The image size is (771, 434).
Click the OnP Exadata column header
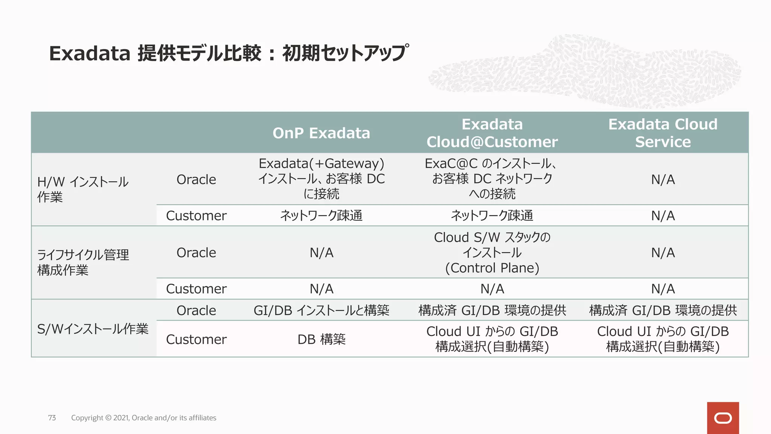(x=321, y=133)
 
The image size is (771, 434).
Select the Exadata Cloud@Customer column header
(x=492, y=133)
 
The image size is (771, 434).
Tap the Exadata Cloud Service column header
(x=663, y=133)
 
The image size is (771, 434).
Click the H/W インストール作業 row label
(x=83, y=189)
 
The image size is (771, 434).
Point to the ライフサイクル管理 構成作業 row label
(x=83, y=262)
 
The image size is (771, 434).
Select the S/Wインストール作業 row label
(x=93, y=329)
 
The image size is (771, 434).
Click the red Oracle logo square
(x=723, y=418)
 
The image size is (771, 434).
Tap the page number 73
(x=52, y=418)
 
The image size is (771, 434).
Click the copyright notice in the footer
(x=143, y=418)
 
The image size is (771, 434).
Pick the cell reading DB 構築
(x=321, y=339)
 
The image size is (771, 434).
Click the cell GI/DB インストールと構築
(x=321, y=310)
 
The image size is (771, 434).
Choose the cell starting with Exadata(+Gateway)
(x=321, y=179)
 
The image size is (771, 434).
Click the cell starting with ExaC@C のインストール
(x=492, y=179)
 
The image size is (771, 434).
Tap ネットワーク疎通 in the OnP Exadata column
(x=321, y=215)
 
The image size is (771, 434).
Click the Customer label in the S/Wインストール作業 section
(x=196, y=339)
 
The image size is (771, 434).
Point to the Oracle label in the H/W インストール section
(x=196, y=179)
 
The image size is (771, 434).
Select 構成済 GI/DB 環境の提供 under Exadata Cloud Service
(x=663, y=310)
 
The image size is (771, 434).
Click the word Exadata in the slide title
(x=90, y=53)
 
